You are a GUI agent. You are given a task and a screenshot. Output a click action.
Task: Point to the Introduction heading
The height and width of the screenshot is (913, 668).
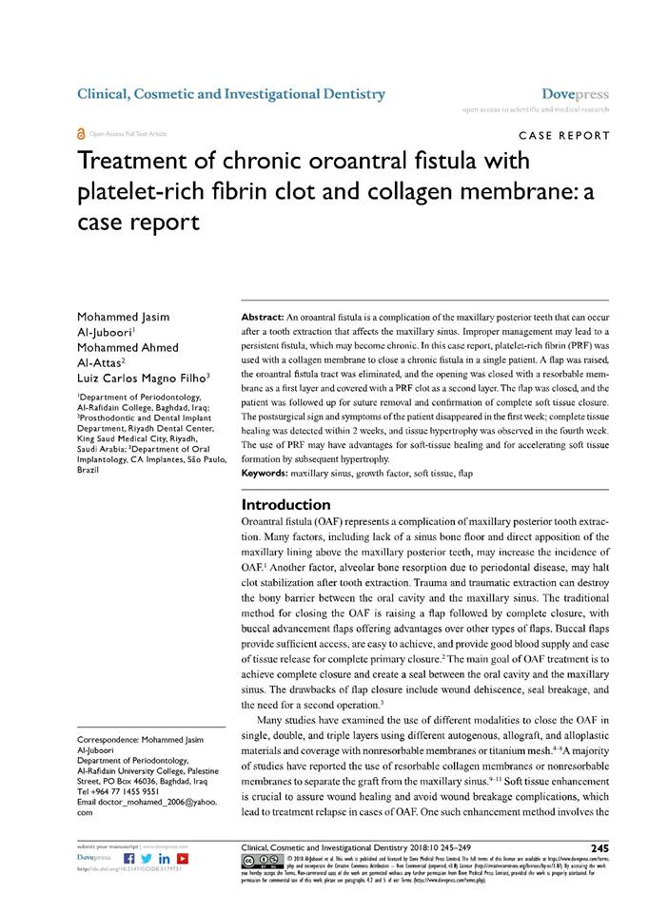285,504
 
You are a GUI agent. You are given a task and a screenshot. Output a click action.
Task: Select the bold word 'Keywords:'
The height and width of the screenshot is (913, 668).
272,473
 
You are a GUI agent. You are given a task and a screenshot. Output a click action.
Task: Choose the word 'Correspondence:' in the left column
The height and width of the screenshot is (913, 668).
110,739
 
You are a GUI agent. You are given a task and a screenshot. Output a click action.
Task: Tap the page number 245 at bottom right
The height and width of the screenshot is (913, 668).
599,847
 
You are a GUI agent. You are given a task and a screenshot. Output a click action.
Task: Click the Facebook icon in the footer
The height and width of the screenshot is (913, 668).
129,860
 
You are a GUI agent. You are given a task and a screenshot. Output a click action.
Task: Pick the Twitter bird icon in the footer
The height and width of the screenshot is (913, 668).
146,860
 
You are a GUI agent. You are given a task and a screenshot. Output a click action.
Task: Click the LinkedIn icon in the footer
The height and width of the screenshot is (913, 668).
164,860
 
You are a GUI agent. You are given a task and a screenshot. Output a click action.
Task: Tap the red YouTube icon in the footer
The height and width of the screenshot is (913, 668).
181,860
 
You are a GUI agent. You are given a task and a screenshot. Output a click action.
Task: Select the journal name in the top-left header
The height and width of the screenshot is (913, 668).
230,94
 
